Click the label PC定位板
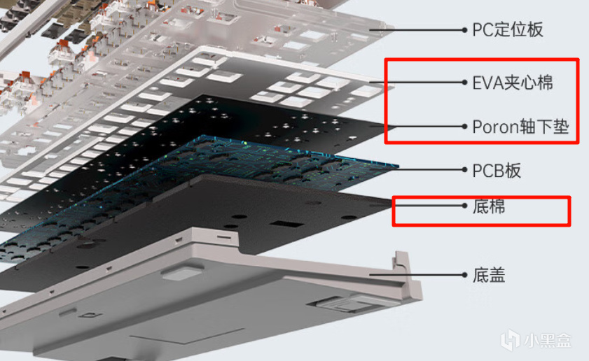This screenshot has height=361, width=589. coord(508,29)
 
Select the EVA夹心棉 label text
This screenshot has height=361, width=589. coord(513,83)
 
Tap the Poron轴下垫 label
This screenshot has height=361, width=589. coord(520,127)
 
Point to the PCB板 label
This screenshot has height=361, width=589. coord(497,171)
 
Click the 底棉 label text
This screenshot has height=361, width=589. coord(489,206)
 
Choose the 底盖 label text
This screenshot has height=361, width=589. coord(489,275)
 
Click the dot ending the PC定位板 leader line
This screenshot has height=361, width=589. coord(464,29)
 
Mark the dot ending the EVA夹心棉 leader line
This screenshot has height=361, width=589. coord(464,82)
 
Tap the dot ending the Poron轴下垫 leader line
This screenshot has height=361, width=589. coord(464,127)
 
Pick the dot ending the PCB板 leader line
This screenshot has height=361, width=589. coord(464,169)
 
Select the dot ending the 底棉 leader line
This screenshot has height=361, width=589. coord(464,205)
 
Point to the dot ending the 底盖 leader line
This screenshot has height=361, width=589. coord(464,275)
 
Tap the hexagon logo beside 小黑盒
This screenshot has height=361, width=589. coord(511,340)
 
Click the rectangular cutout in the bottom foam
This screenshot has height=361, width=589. coord(286,224)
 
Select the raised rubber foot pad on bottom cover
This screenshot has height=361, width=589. coord(183,272)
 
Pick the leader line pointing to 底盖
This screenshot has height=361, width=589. coord(417,275)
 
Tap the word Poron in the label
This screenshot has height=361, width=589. coord(496,127)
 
